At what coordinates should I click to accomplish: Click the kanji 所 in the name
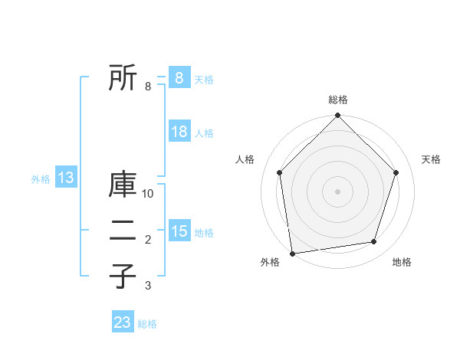click(x=122, y=77)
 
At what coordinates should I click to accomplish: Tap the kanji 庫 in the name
click(x=122, y=185)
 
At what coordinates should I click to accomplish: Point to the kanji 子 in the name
click(x=122, y=276)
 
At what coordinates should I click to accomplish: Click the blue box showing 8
click(x=179, y=77)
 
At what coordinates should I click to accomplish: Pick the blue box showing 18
click(x=179, y=132)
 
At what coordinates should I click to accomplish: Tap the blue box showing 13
click(x=65, y=178)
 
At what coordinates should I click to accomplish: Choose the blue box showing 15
click(x=179, y=231)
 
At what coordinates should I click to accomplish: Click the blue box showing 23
click(x=123, y=322)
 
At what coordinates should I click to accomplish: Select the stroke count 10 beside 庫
click(x=149, y=194)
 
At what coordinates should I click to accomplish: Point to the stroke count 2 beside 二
click(x=148, y=241)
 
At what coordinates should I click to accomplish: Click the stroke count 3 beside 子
click(x=148, y=286)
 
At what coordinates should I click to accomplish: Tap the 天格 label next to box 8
click(x=204, y=80)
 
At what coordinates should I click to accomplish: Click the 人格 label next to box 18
click(x=204, y=133)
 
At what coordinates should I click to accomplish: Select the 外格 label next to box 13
click(x=41, y=179)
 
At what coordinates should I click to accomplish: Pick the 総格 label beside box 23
click(x=147, y=324)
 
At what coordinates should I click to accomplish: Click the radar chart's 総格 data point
click(x=337, y=116)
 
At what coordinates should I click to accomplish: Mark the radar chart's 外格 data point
click(x=292, y=253)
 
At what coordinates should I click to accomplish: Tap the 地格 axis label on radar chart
click(x=402, y=263)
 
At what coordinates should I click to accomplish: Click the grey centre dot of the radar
click(x=337, y=191)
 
